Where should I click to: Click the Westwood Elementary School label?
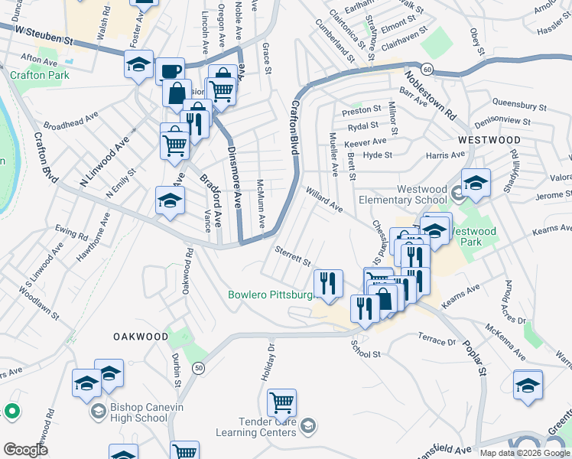coord(421,194)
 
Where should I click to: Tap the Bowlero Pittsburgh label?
coord(272,295)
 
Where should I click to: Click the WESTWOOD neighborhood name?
coord(489,141)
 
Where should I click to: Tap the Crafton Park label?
coord(40,75)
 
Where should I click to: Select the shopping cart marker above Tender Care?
coord(282,402)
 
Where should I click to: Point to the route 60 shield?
coord(427,70)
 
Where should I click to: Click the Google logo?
coord(25,449)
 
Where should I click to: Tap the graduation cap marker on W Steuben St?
coord(138,65)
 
